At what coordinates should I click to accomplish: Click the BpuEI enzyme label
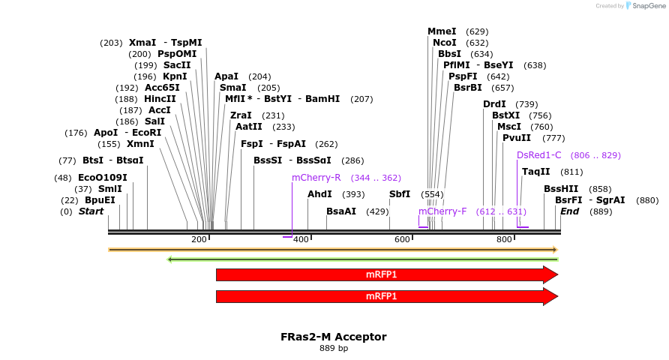click(100, 200)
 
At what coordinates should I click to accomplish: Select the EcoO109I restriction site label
click(102, 178)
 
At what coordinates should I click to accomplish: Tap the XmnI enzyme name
click(140, 144)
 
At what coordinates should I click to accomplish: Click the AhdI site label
click(319, 194)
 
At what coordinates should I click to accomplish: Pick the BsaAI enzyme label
click(341, 211)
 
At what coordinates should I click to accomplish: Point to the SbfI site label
click(400, 194)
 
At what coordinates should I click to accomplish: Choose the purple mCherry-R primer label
click(316, 178)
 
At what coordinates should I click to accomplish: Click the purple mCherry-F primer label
click(442, 211)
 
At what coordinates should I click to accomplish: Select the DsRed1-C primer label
click(538, 155)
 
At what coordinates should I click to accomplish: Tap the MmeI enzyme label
click(442, 31)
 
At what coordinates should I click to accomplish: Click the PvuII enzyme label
click(517, 138)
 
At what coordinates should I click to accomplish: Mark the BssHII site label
click(561, 189)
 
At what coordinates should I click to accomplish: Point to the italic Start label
click(91, 211)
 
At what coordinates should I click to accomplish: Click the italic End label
click(569, 211)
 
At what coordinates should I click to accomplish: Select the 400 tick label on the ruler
click(300, 239)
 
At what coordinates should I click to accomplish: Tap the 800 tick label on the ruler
click(503, 239)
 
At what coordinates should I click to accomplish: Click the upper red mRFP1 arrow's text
click(381, 274)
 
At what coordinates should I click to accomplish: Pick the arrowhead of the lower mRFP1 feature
click(550, 297)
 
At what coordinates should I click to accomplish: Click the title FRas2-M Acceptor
click(334, 337)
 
